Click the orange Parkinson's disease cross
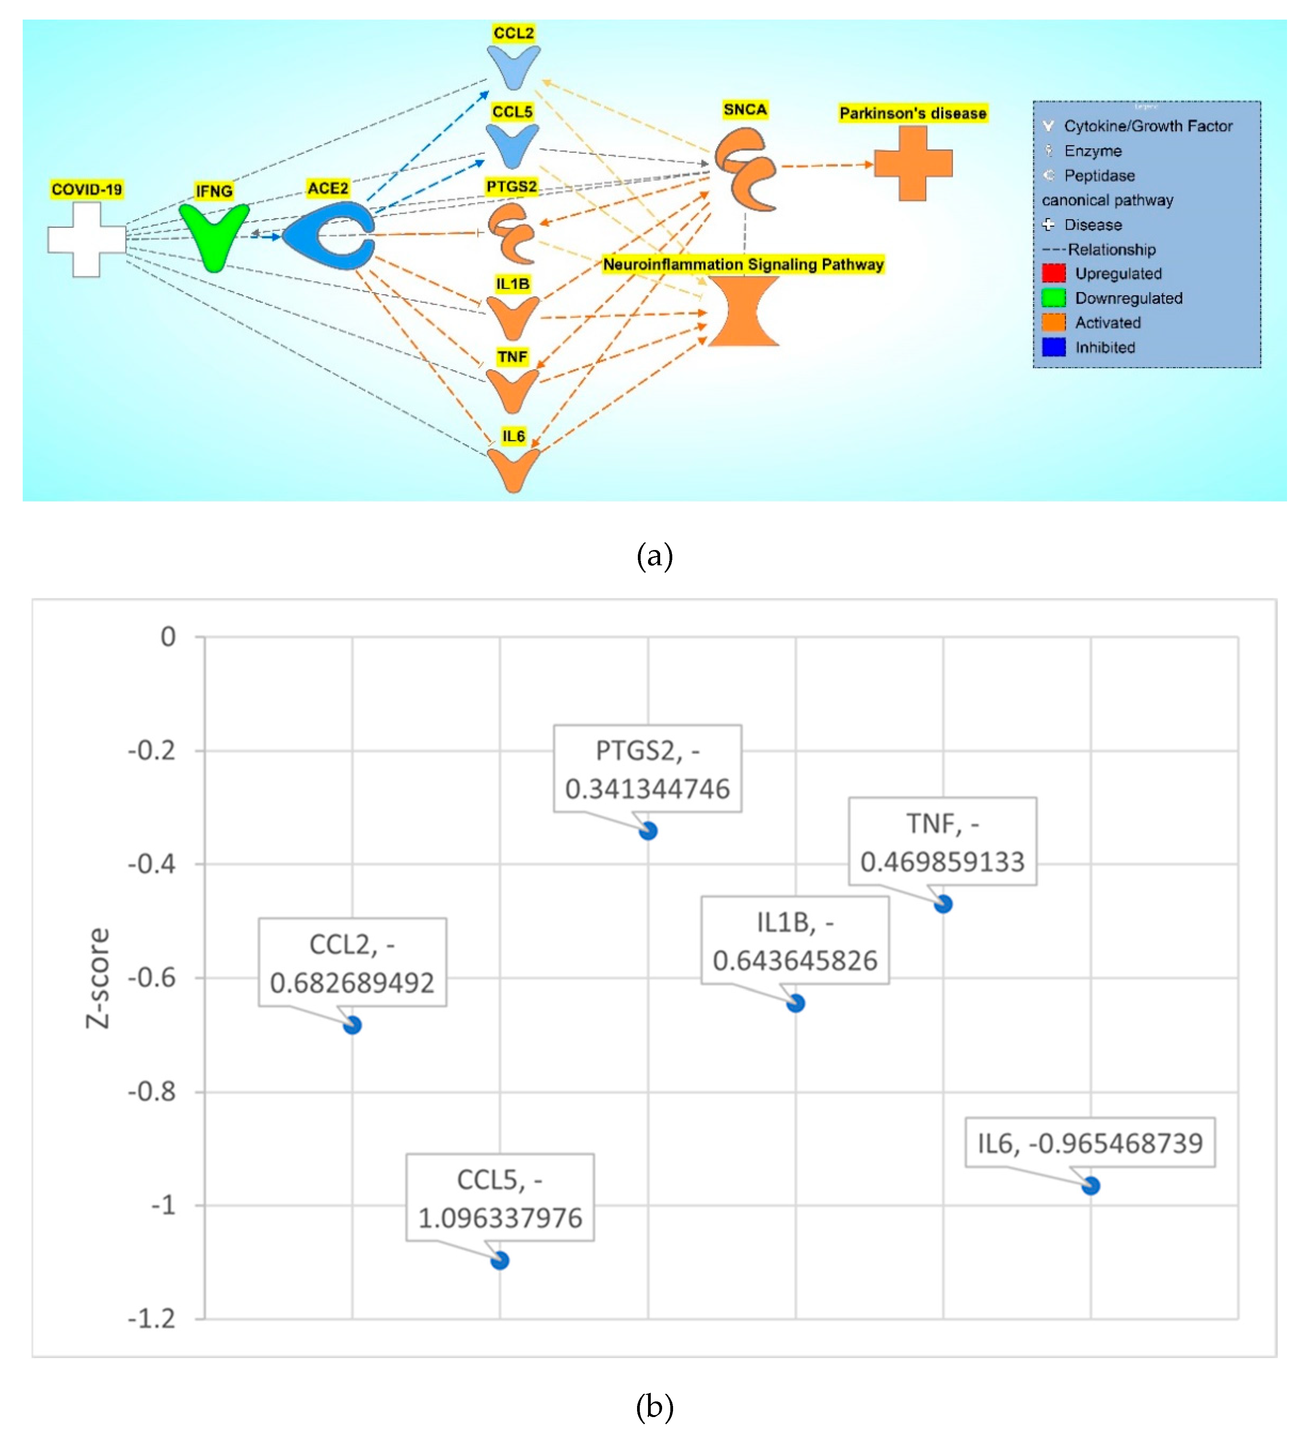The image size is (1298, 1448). pyautogui.click(x=913, y=163)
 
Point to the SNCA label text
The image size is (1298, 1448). pyautogui.click(x=745, y=110)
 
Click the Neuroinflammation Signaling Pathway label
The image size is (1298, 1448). pyautogui.click(x=743, y=265)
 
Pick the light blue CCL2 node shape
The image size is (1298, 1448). pyautogui.click(x=513, y=66)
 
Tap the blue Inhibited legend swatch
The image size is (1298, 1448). pyautogui.click(x=1053, y=347)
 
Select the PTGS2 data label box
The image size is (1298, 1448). pyautogui.click(x=648, y=769)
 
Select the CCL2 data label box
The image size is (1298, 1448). pyautogui.click(x=352, y=962)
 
